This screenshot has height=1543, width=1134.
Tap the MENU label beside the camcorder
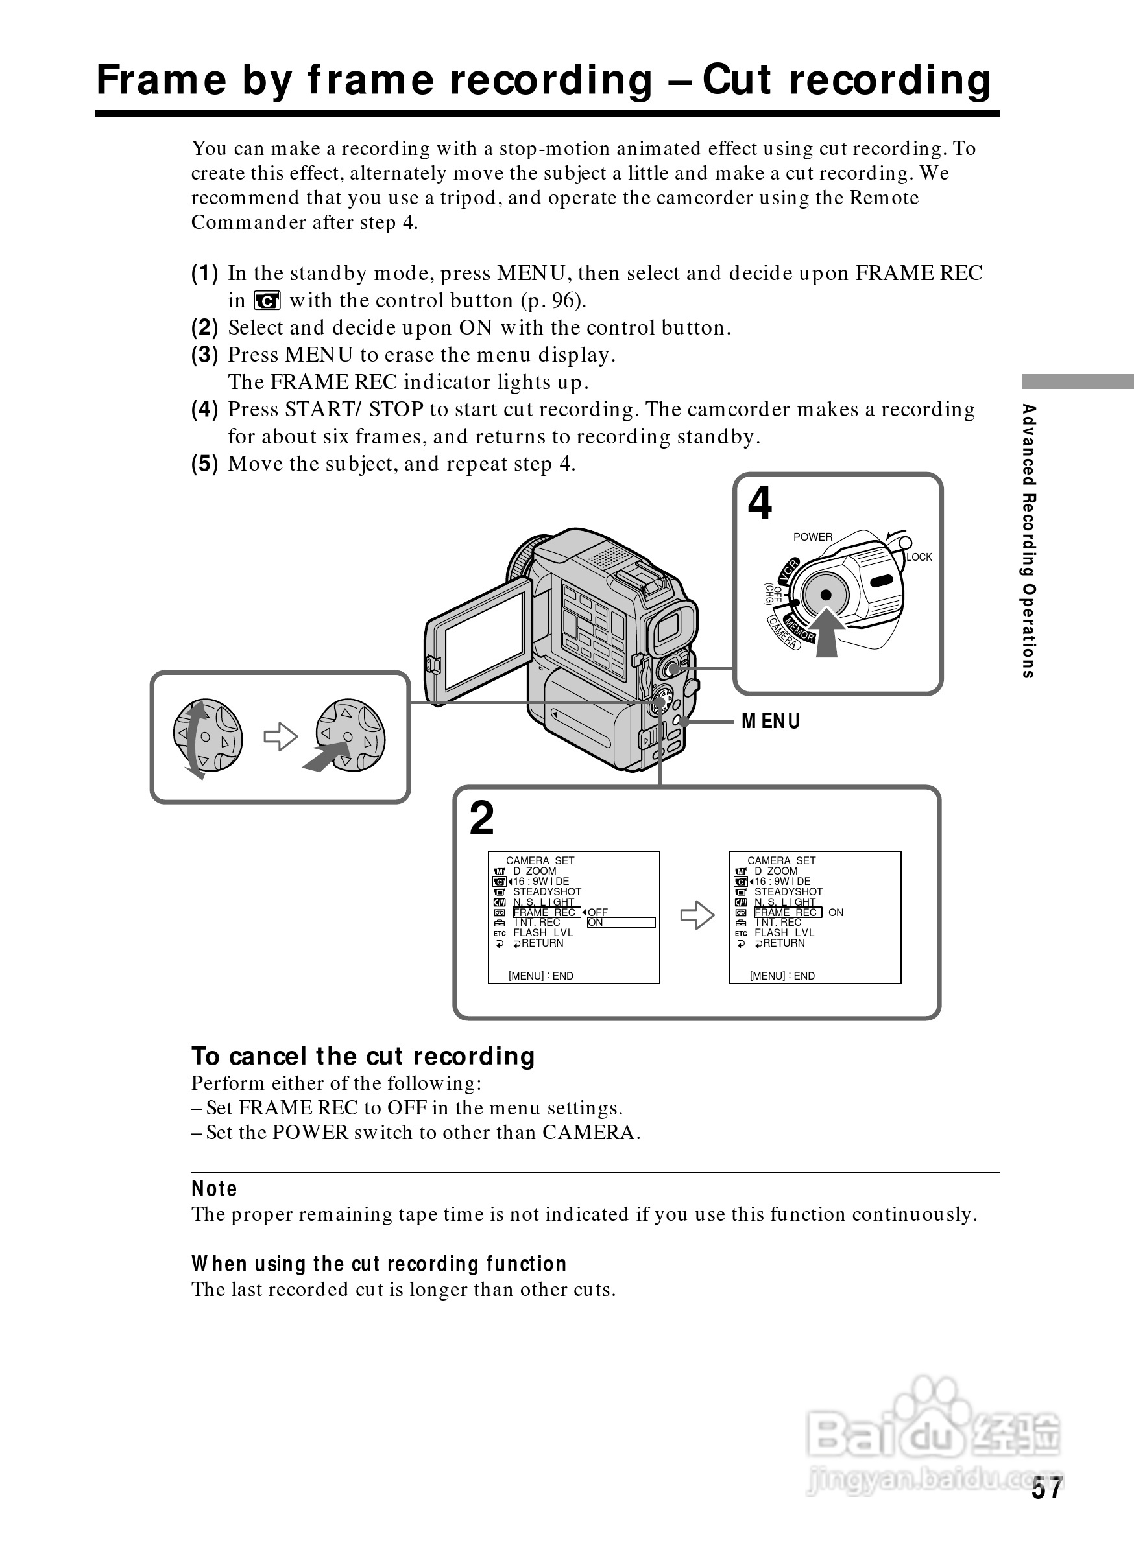[771, 721]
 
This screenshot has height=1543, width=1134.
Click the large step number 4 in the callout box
[760, 504]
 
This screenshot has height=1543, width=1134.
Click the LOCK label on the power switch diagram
[919, 557]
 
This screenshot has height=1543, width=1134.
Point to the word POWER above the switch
[813, 537]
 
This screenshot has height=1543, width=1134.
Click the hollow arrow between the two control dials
[281, 738]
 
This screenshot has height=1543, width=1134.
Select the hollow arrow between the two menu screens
[697, 915]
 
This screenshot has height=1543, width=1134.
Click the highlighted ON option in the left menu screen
[595, 923]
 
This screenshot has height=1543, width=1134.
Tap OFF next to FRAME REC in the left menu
[598, 912]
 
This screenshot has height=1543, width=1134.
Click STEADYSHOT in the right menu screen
[788, 892]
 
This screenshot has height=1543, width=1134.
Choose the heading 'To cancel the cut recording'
[363, 1057]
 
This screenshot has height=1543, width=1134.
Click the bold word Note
[214, 1189]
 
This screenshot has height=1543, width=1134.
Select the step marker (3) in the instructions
[204, 355]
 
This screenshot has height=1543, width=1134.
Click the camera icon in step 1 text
[267, 301]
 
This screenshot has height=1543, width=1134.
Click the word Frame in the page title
[162, 80]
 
